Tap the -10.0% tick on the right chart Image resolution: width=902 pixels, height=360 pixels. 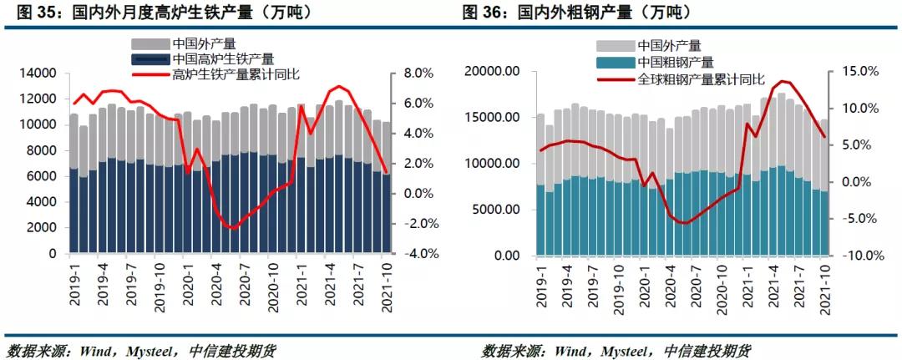(x=859, y=256)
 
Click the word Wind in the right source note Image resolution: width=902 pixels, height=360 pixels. (x=571, y=349)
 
